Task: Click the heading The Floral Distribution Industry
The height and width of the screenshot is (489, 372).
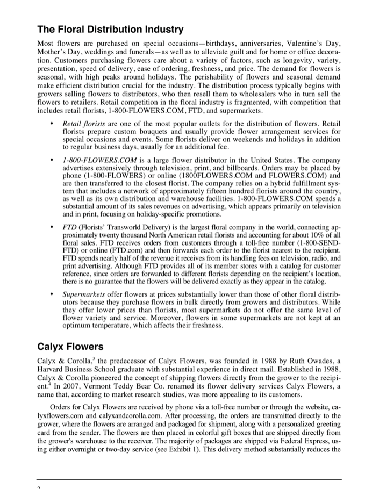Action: point(110,29)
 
